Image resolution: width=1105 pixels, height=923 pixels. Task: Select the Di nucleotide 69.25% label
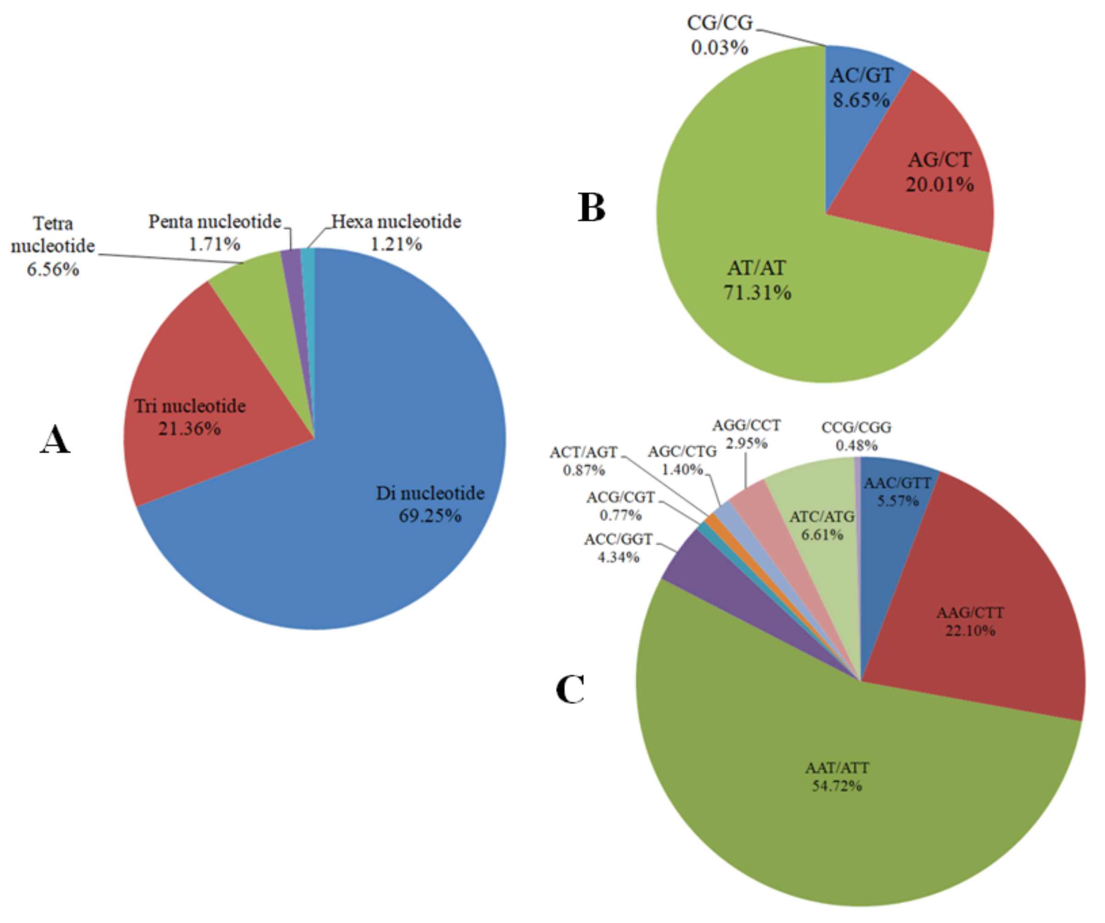(x=430, y=504)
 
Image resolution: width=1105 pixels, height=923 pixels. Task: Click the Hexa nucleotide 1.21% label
(x=396, y=233)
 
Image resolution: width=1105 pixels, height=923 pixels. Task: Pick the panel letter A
(x=55, y=440)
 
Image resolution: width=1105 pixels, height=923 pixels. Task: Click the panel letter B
(x=591, y=208)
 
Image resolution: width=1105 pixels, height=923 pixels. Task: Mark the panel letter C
(x=570, y=689)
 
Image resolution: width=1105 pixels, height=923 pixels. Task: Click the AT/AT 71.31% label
(x=757, y=280)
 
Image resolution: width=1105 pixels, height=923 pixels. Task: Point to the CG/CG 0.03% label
(x=719, y=35)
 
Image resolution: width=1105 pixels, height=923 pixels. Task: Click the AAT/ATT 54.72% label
(x=837, y=777)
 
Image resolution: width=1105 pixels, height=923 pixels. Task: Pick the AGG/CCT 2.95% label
(x=746, y=434)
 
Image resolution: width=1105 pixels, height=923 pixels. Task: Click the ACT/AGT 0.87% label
(x=583, y=461)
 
